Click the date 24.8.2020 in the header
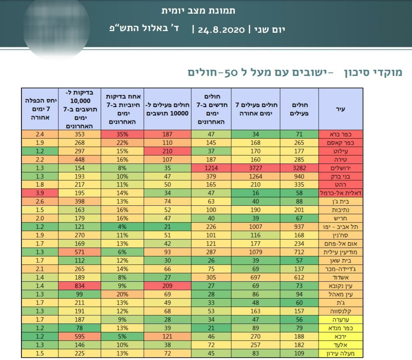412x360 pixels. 221,30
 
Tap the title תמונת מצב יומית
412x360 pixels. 198,11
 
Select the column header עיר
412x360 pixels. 340,109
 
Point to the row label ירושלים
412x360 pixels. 340,168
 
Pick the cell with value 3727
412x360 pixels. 256,168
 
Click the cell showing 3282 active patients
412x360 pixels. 299,168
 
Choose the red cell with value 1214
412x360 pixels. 211,168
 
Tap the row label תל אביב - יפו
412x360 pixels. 340,227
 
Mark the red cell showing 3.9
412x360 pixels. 40,193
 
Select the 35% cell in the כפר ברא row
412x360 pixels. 122,134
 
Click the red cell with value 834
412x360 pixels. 80,286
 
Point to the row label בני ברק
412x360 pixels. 340,176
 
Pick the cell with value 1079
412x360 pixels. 256,252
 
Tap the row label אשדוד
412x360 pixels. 340,277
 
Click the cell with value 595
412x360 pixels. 80,336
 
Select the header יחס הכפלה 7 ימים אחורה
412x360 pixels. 40,109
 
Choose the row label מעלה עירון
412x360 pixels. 340,353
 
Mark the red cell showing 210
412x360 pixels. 167,151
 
